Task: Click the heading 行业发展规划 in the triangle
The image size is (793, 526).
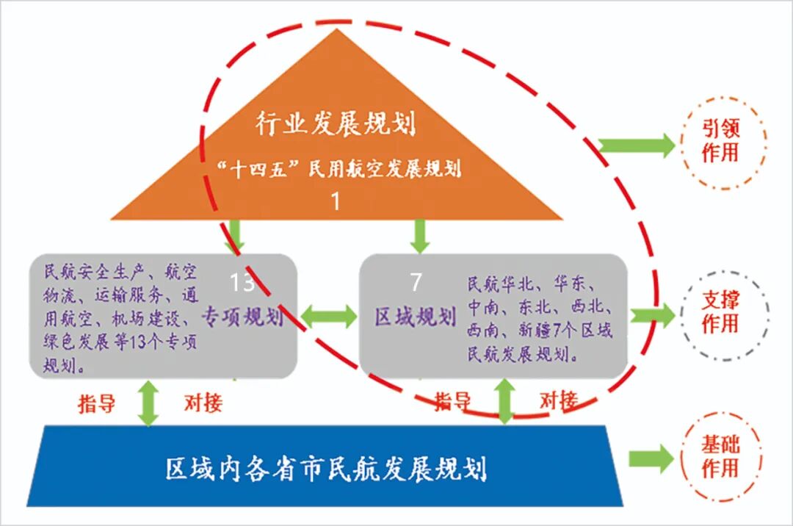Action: point(335,123)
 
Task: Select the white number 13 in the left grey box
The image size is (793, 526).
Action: point(242,283)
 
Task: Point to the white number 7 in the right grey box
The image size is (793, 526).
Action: point(416,281)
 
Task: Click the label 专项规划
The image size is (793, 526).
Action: point(242,317)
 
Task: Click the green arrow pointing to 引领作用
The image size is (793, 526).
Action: point(636,145)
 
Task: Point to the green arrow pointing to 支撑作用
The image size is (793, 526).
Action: point(652,315)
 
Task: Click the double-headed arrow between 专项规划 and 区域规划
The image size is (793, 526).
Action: point(328,317)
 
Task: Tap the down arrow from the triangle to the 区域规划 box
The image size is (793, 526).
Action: point(419,235)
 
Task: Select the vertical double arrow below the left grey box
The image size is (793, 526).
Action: point(149,403)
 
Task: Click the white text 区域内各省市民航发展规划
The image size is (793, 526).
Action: point(326,468)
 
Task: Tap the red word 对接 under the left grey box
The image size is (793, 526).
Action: point(203,403)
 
